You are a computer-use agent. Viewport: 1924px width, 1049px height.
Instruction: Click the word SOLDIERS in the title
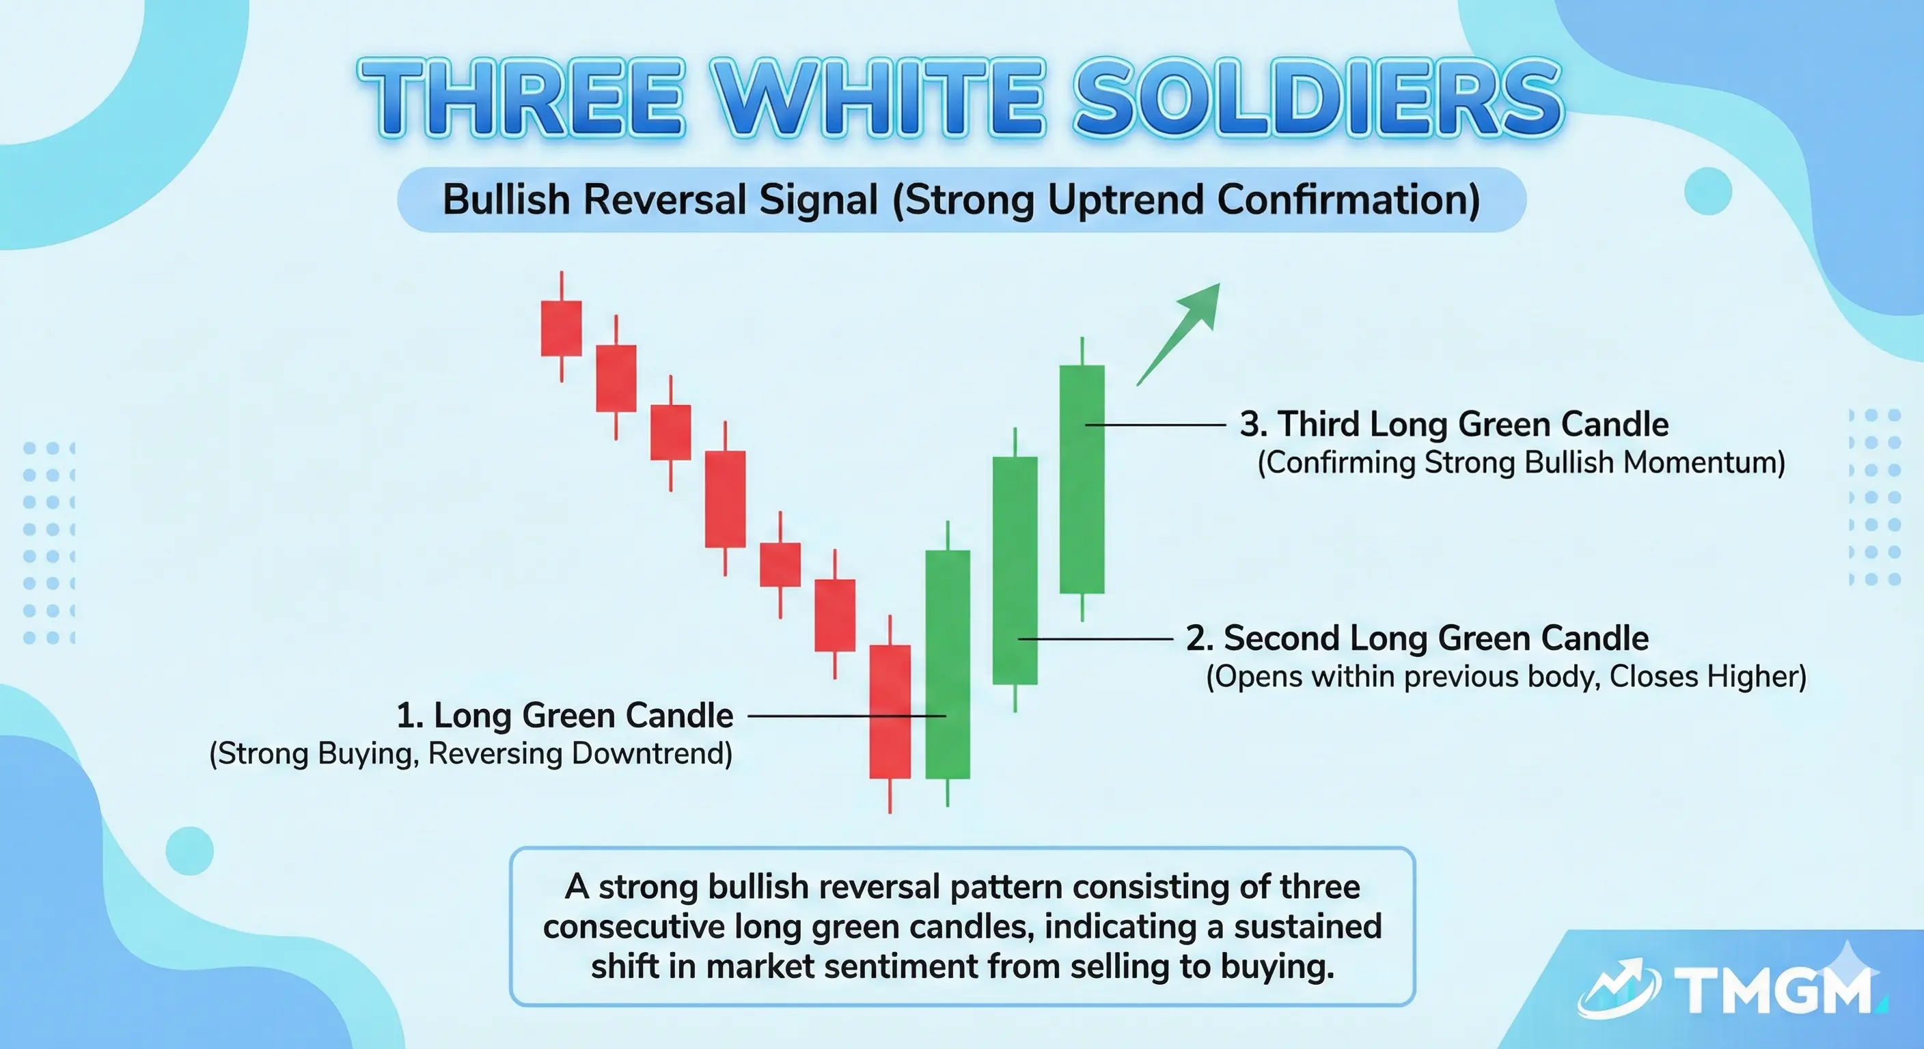point(1317,98)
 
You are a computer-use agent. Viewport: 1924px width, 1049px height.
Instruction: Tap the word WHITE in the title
point(879,98)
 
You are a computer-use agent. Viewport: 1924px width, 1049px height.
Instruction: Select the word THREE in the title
point(521,98)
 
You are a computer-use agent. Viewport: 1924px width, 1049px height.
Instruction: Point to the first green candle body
point(948,664)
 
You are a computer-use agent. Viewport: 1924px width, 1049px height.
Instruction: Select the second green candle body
point(1015,570)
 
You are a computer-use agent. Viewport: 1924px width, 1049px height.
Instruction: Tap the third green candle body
point(1082,479)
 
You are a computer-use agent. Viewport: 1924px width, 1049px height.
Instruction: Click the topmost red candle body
point(561,328)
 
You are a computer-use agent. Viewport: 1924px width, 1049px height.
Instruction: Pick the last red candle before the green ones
point(890,711)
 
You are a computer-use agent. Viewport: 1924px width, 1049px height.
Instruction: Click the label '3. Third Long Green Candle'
point(1453,424)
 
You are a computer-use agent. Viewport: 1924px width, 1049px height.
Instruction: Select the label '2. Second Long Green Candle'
point(1417,639)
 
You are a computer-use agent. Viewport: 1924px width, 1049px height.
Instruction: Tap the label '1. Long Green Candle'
point(564,715)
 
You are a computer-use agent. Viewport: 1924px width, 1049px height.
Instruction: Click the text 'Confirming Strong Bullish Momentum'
point(1521,462)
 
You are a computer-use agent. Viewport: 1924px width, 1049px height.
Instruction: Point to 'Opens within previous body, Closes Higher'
point(1506,676)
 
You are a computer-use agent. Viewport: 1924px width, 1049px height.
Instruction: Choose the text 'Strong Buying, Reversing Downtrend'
point(471,753)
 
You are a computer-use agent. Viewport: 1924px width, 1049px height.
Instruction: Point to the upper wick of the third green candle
point(1082,351)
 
